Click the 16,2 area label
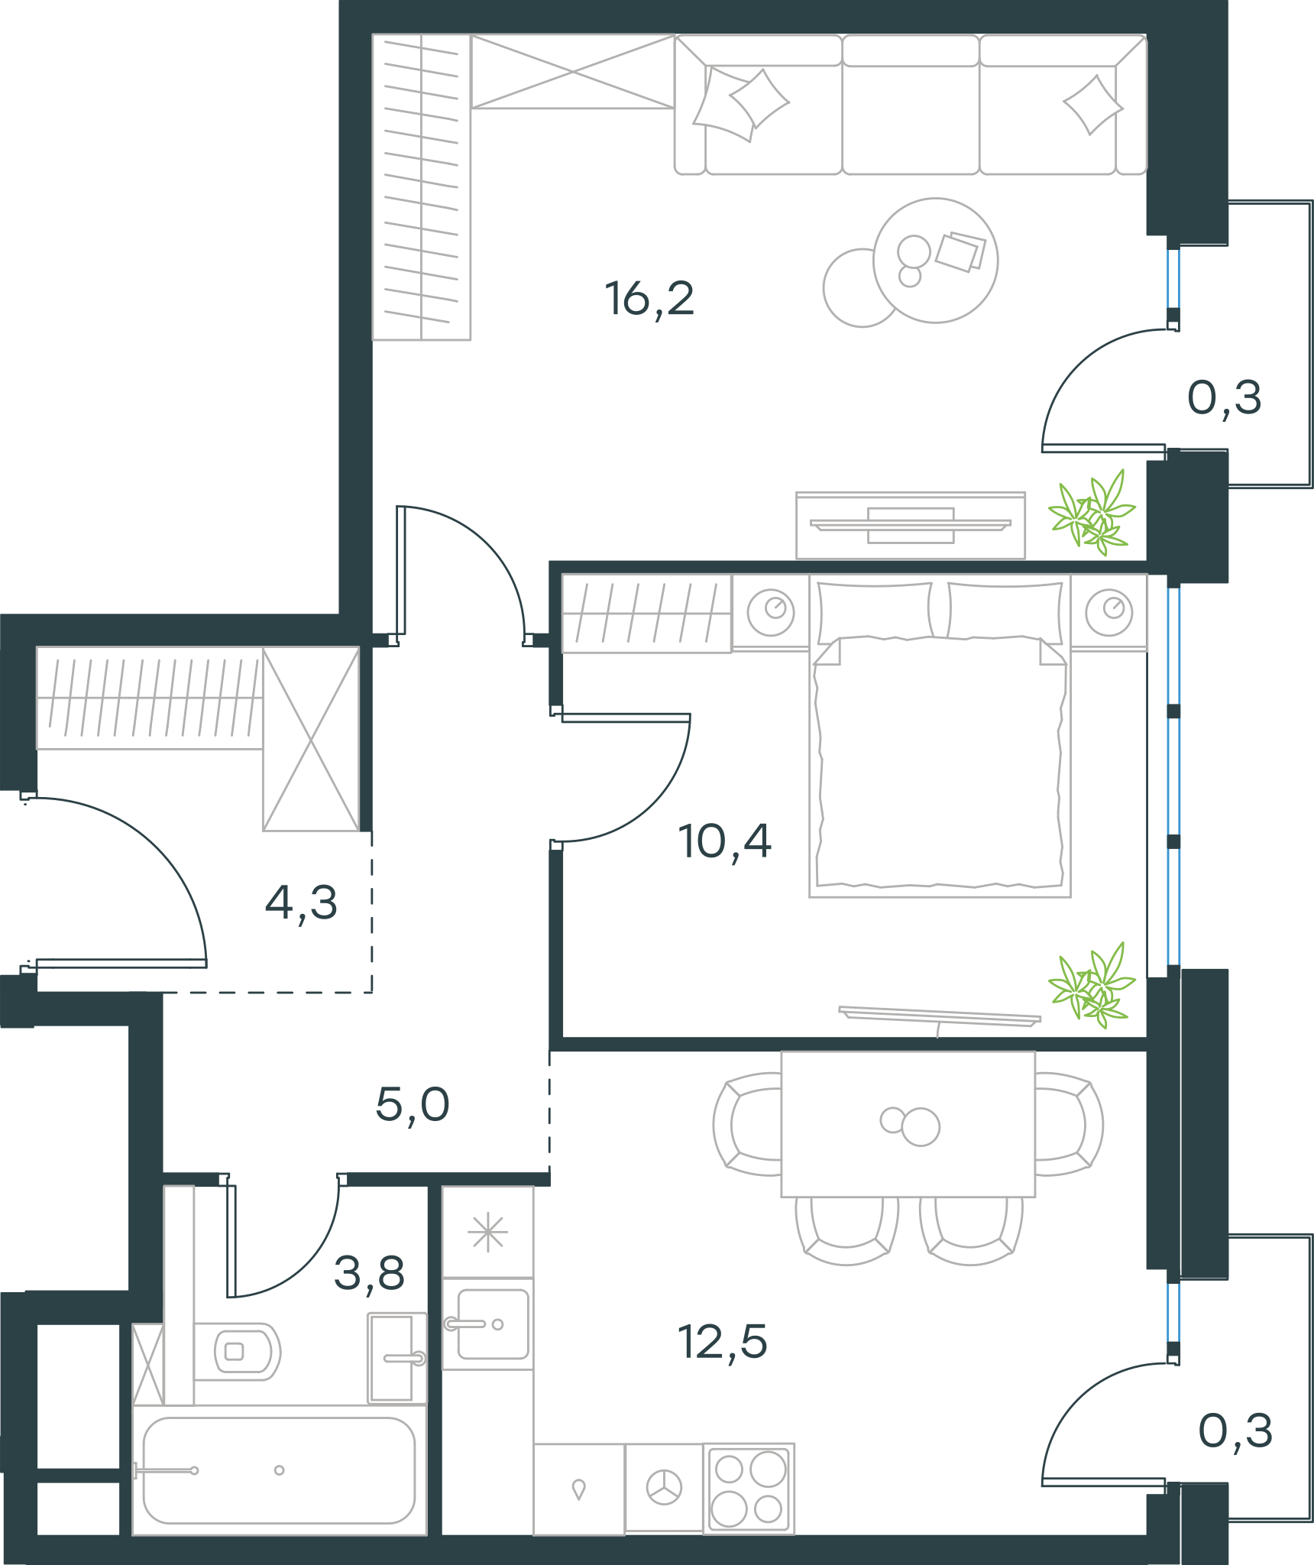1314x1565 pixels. (649, 299)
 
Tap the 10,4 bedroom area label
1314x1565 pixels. (724, 841)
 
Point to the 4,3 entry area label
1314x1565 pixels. (301, 902)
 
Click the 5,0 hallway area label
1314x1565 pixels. (413, 1104)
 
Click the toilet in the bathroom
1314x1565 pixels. (238, 1352)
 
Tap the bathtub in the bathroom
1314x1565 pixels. (280, 1469)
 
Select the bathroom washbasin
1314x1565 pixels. (397, 1358)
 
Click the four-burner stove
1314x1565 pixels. (749, 1488)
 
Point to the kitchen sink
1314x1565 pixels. (488, 1324)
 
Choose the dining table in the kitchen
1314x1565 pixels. (908, 1124)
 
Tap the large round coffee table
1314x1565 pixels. (935, 261)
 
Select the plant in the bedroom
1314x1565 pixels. (1092, 985)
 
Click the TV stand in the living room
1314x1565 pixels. (911, 526)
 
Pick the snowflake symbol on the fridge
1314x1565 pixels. (488, 1233)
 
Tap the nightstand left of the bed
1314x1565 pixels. (771, 612)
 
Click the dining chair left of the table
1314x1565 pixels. (747, 1124)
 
